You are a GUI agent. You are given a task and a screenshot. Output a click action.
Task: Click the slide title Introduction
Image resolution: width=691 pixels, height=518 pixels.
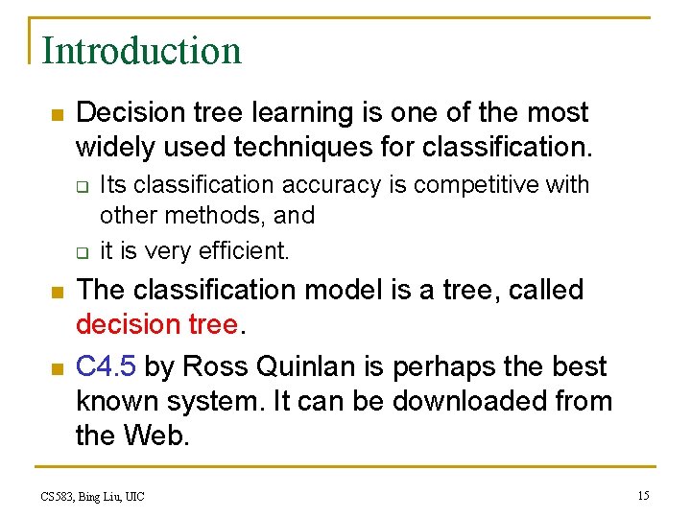pos(142,51)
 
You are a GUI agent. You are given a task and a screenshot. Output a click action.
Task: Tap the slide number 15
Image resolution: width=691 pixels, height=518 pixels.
pos(643,495)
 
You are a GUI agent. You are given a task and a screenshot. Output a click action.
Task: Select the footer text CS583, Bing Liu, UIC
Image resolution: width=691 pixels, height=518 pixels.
pos(92,496)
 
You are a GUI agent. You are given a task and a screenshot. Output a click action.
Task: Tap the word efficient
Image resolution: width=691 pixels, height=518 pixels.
pos(243,251)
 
